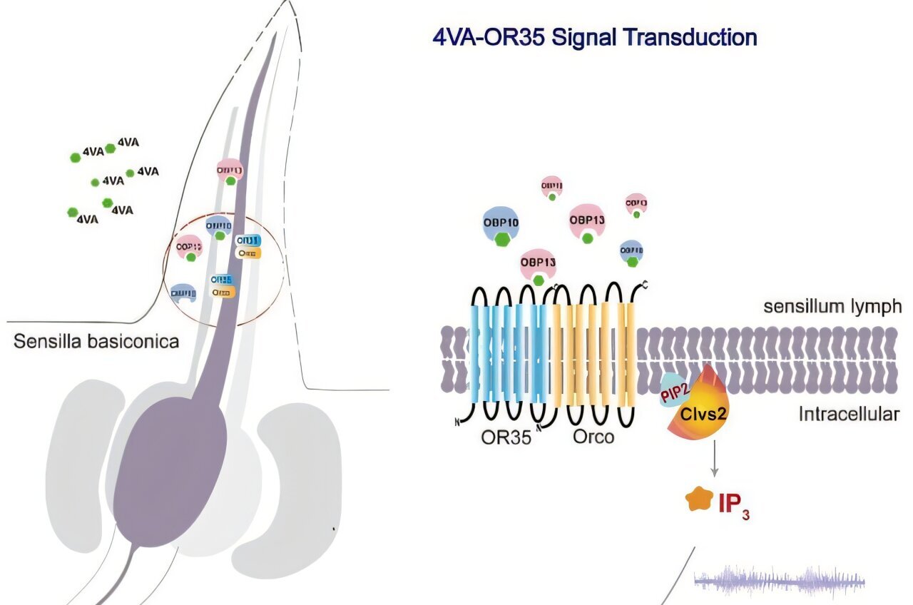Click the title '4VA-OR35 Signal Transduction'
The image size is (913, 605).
point(595,37)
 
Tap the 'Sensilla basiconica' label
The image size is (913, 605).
point(96,341)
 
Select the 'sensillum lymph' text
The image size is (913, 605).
point(832,307)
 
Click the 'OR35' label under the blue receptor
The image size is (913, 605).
point(506,437)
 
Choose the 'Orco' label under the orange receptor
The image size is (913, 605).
point(593,437)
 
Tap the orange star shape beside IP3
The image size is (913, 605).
point(696,499)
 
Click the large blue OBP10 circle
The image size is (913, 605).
point(501,225)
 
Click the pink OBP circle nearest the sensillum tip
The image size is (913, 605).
point(230,172)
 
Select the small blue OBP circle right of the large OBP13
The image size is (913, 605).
point(632,252)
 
